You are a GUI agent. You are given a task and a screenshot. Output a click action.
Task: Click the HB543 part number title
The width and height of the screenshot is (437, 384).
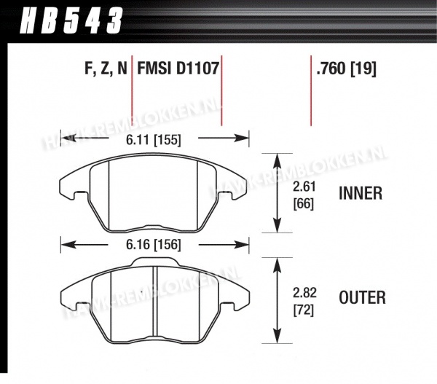click(x=71, y=20)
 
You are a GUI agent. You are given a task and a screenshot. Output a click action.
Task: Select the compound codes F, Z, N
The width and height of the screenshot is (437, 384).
click(x=106, y=68)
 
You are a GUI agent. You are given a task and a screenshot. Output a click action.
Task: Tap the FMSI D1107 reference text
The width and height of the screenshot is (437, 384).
click(x=178, y=68)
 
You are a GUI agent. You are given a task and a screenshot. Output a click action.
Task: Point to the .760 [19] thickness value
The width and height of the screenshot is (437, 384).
click(x=346, y=69)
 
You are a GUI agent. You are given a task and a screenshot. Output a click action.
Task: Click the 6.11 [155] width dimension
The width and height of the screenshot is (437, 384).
click(x=154, y=139)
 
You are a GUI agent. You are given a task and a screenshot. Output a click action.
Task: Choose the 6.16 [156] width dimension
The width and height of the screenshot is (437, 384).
click(x=154, y=245)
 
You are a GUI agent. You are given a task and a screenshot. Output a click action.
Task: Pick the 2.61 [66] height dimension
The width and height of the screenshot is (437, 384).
click(x=304, y=195)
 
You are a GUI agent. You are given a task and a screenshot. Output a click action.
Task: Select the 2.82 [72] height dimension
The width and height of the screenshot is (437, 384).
click(x=304, y=302)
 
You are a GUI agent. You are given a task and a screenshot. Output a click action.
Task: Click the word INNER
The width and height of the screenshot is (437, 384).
click(x=361, y=193)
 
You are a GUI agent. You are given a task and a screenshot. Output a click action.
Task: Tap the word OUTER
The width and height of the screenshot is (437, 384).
click(x=362, y=297)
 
